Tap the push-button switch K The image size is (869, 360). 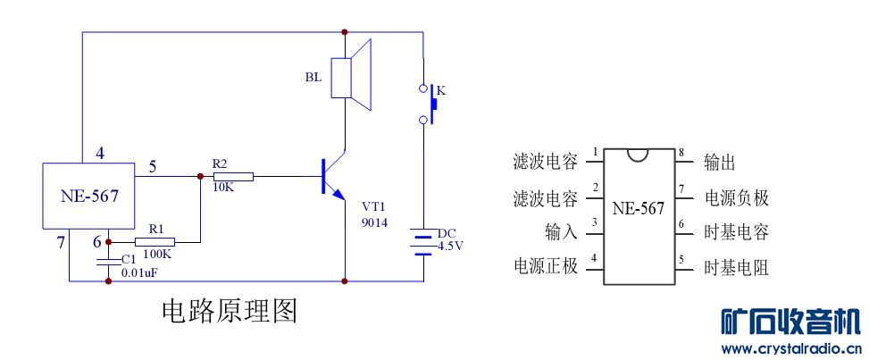(428, 103)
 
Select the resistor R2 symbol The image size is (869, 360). (233, 177)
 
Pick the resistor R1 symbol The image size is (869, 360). (155, 241)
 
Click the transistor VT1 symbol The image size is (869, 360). (333, 178)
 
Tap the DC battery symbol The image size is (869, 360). (423, 241)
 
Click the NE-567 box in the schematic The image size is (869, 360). (88, 194)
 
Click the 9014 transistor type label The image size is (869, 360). (374, 222)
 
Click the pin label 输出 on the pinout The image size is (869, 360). (720, 162)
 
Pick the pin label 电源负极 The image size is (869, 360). (736, 197)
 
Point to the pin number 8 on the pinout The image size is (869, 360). (681, 153)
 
